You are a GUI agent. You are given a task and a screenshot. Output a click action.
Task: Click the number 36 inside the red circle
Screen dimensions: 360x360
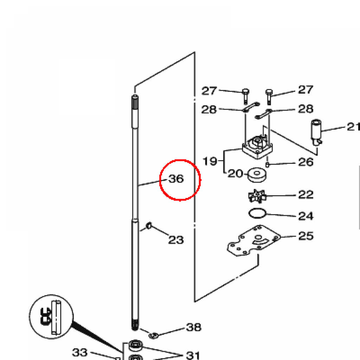tap(176, 179)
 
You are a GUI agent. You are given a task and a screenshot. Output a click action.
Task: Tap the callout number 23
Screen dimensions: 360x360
tap(176, 240)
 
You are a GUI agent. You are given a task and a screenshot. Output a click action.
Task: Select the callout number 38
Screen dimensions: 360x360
tap(194, 328)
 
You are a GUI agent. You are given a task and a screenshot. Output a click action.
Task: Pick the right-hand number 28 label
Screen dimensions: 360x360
tap(305, 109)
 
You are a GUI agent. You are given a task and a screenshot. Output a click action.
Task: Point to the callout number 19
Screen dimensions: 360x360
tap(210, 161)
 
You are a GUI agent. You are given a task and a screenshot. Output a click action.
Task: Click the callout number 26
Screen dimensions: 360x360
tap(305, 162)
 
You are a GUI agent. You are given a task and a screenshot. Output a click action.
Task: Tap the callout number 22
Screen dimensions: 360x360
tap(305, 194)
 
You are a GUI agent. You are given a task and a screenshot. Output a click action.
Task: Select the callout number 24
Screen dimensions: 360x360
tap(305, 216)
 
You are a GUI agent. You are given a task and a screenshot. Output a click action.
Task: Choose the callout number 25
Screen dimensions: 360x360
tap(305, 236)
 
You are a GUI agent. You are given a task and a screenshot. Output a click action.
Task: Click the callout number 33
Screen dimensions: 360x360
tap(80, 352)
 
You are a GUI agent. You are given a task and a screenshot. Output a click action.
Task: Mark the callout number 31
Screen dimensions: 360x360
tap(193, 355)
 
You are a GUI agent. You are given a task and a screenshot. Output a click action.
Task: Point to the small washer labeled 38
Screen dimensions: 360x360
tap(153, 335)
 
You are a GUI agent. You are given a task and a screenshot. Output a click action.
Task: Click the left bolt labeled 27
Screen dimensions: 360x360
tap(245, 95)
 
